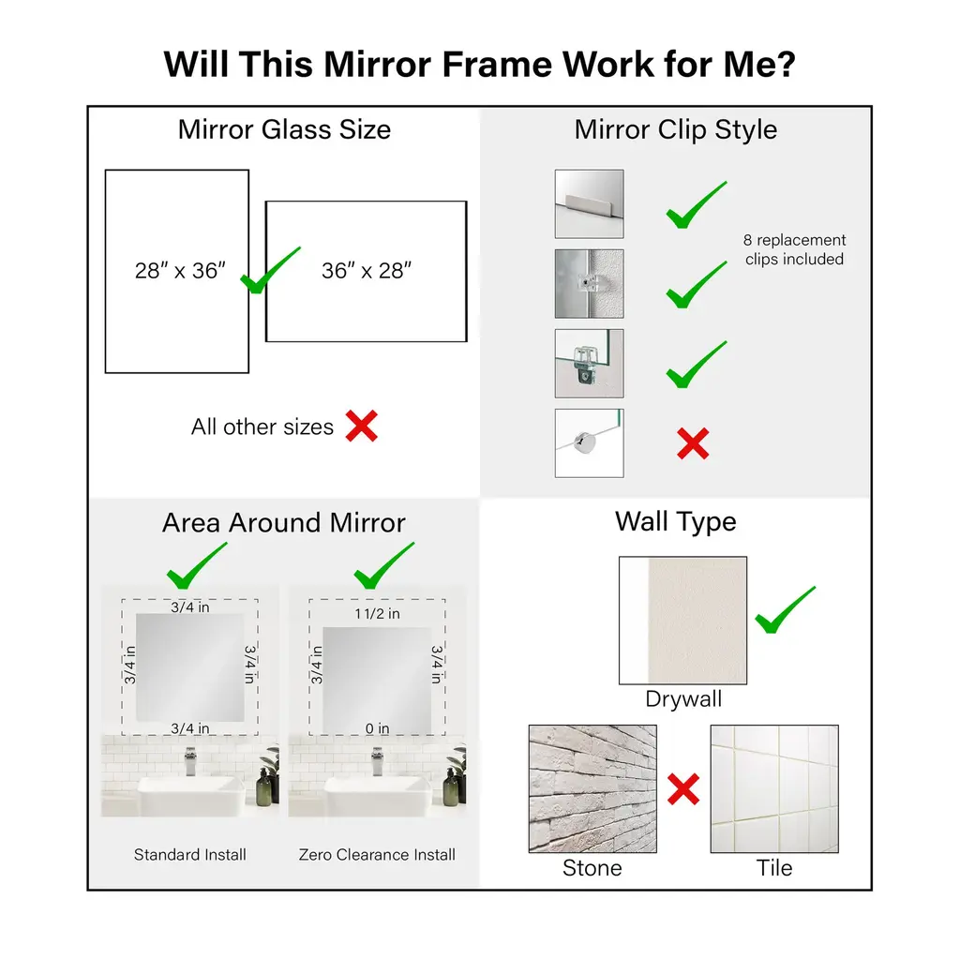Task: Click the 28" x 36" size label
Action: pos(180,271)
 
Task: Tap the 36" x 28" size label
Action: pos(367,271)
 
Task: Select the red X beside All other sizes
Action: pos(361,427)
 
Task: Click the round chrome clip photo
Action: pos(589,443)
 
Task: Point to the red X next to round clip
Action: pos(693,443)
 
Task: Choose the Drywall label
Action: pos(683,699)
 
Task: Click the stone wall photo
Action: pos(592,788)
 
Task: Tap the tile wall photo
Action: pos(774,788)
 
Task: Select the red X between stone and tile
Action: pos(683,789)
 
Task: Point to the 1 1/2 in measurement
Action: pos(377,614)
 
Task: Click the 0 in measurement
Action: pos(377,728)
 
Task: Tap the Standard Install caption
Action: pos(189,855)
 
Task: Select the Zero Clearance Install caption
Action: pos(377,855)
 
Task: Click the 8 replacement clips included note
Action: pos(794,249)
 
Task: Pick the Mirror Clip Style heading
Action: pos(676,129)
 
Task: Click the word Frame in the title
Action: pos(497,64)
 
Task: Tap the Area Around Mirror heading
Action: pos(284,523)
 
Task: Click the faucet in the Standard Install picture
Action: pos(190,761)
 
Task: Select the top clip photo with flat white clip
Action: pos(589,204)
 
